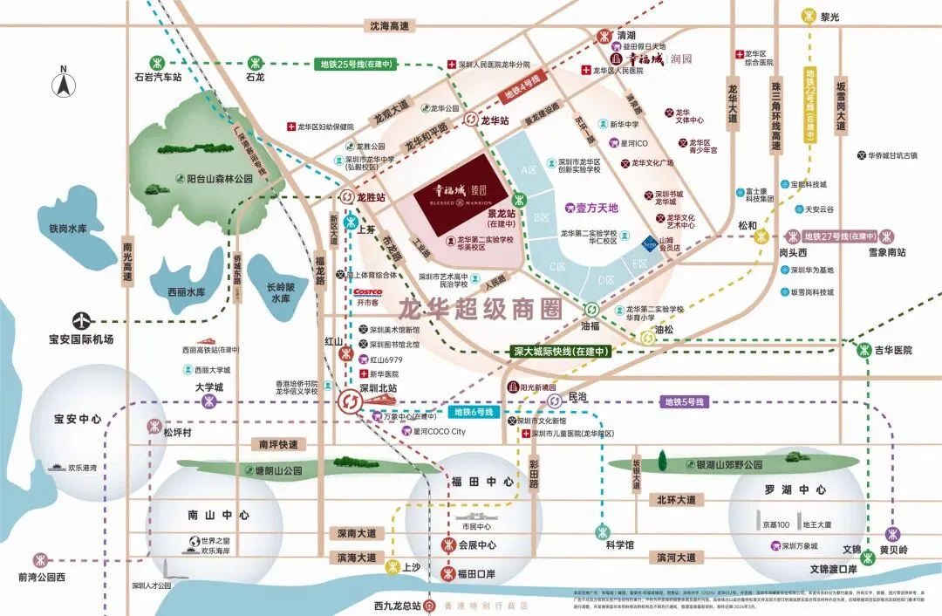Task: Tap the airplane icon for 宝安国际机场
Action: [x=85, y=319]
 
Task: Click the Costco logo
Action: [x=367, y=291]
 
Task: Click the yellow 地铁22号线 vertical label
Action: [x=810, y=105]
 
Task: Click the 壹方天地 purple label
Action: [x=597, y=208]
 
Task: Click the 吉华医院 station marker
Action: [x=863, y=350]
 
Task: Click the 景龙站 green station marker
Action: [x=518, y=198]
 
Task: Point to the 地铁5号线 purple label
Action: [x=684, y=402]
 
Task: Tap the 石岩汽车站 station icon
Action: [x=158, y=62]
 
